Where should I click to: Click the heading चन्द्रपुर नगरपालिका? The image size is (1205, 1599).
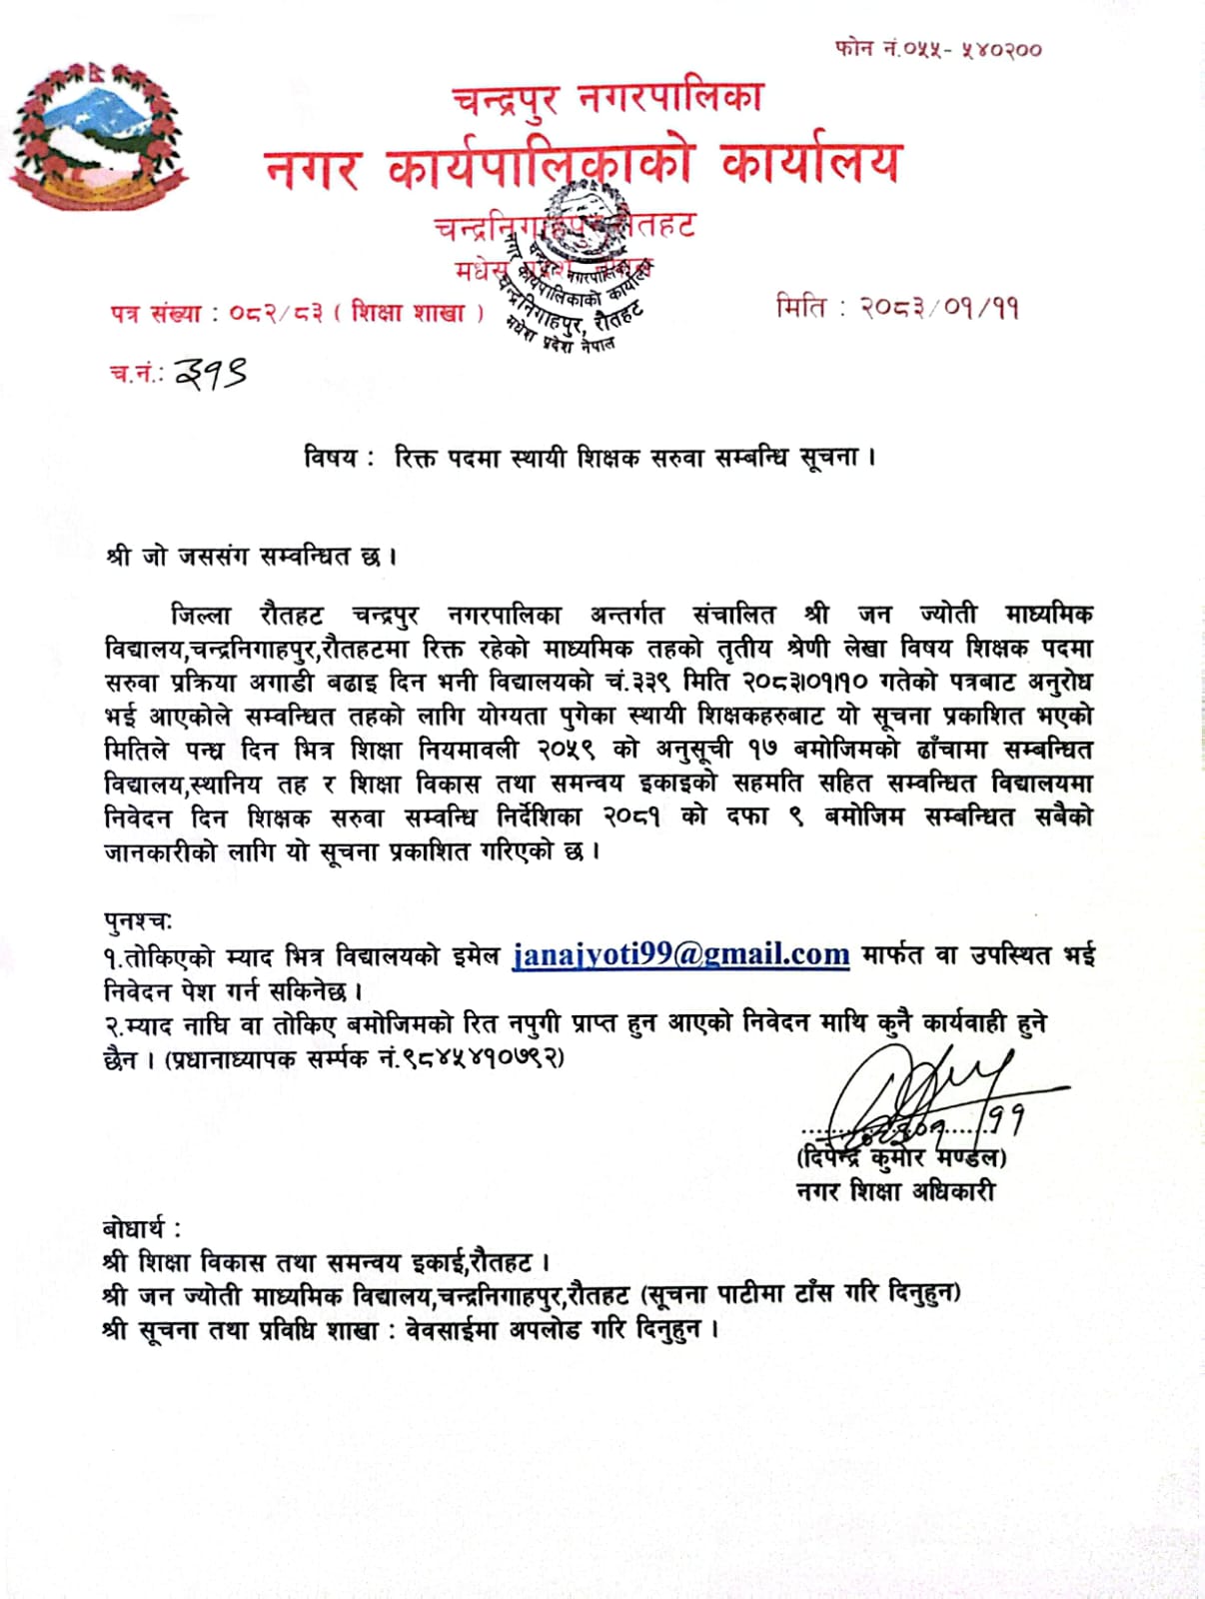pyautogui.click(x=607, y=98)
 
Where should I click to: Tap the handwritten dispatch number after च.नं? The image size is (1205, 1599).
pyautogui.click(x=211, y=373)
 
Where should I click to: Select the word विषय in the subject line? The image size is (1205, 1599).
pyautogui.click(x=330, y=459)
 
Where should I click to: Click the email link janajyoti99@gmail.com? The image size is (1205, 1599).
pyautogui.click(x=680, y=954)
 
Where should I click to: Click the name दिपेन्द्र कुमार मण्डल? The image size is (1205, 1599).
pyautogui.click(x=901, y=1158)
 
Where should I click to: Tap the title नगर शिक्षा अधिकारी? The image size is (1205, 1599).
pyautogui.click(x=894, y=1191)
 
